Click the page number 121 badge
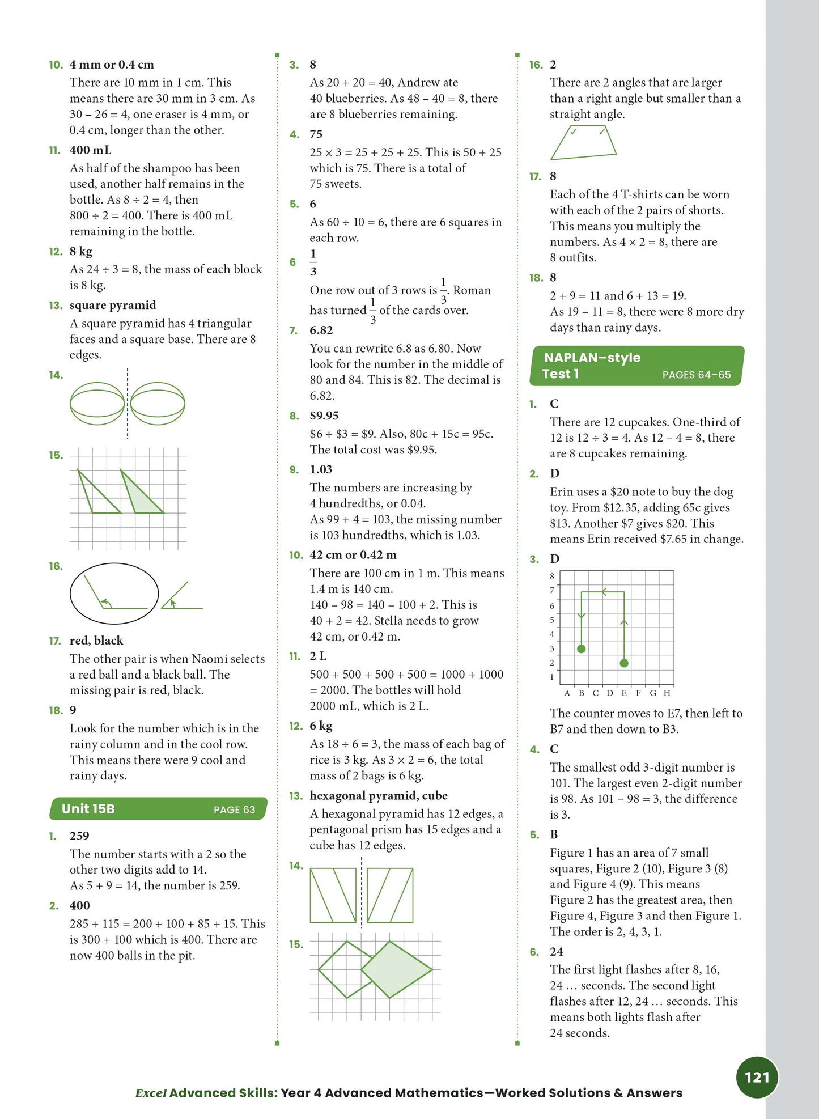click(x=757, y=1077)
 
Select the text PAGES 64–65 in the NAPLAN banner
click(x=696, y=375)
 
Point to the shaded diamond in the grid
click(x=396, y=969)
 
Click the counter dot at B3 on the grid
click(x=581, y=648)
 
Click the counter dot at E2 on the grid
click(x=624, y=663)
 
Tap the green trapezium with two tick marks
click(x=583, y=143)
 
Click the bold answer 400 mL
click(x=90, y=150)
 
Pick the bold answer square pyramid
click(x=112, y=305)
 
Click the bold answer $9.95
click(x=324, y=416)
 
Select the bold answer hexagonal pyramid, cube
click(x=378, y=795)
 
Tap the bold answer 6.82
click(x=321, y=330)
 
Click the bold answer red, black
click(x=96, y=641)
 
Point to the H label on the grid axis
click(x=667, y=693)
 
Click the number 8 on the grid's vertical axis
click(x=552, y=577)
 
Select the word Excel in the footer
click(x=151, y=1093)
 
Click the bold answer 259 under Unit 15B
click(x=79, y=836)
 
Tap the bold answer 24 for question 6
click(x=556, y=952)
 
